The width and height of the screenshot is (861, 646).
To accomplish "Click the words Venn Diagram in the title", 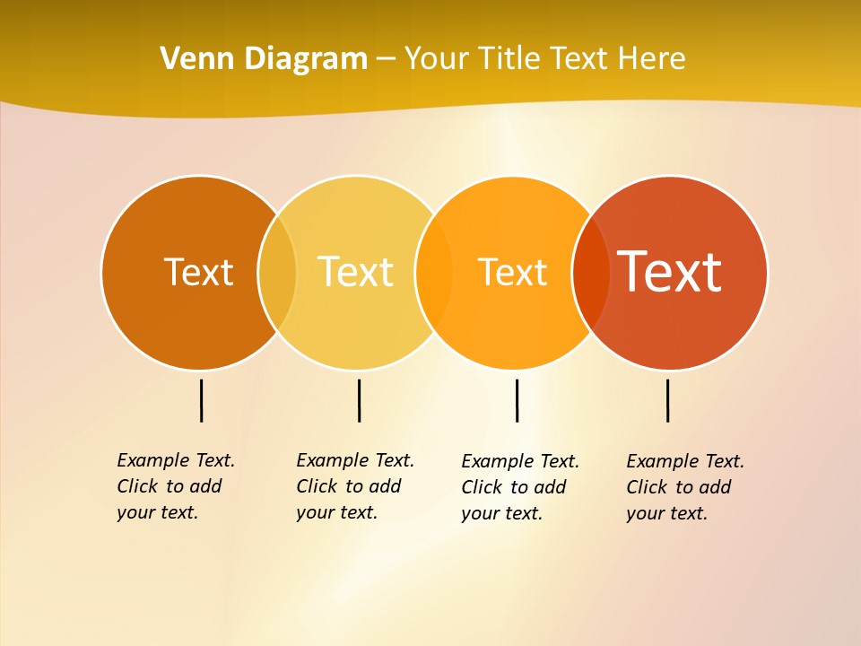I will (x=264, y=58).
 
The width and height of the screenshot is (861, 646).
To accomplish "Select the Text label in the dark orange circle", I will (x=198, y=272).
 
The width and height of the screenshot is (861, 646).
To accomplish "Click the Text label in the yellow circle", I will (x=355, y=272).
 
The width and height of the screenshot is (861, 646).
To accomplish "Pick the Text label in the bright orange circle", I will (x=512, y=272).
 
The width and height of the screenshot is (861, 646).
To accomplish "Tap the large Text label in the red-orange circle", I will (x=669, y=272).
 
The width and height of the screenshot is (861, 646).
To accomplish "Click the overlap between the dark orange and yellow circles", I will (x=277, y=273).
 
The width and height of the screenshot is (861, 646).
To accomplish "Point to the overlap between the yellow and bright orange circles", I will (x=434, y=273).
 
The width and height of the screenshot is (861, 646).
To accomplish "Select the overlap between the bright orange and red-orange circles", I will (x=591, y=273).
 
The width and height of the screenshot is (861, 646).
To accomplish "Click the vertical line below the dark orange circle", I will (x=202, y=400).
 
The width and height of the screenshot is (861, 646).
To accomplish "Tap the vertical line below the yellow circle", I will (x=359, y=400).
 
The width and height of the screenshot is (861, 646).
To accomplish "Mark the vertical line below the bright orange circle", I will (x=517, y=400).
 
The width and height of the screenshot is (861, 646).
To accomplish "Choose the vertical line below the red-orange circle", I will (x=668, y=400).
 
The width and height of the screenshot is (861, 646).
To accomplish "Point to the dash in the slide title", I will (x=386, y=59).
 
